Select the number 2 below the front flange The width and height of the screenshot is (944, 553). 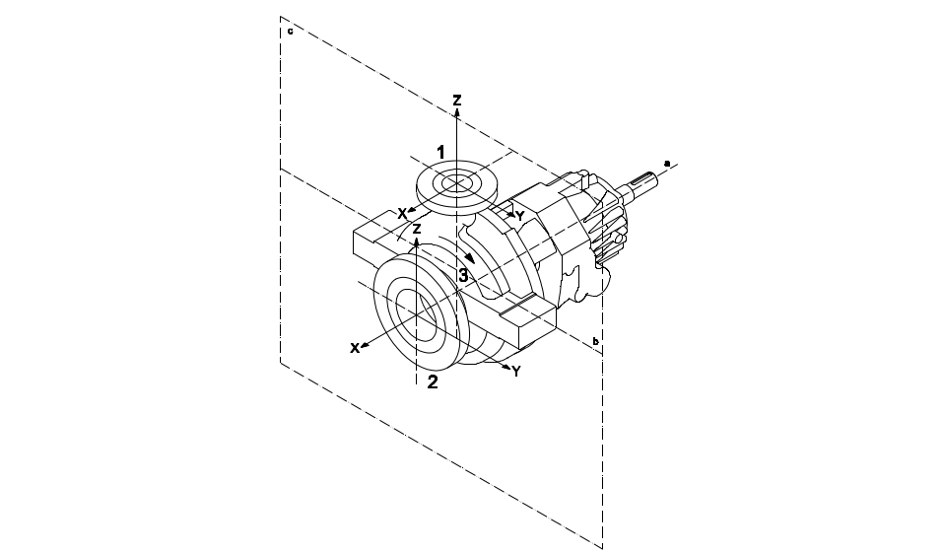point(432,383)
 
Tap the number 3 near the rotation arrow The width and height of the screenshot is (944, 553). point(463,275)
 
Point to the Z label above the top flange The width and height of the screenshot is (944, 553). point(457,101)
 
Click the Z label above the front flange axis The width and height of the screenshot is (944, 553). point(417,228)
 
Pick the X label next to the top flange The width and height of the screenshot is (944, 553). point(402,212)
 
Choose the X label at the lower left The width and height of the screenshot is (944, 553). point(353,348)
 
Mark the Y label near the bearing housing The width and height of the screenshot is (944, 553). point(520,216)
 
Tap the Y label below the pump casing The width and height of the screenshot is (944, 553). point(515,371)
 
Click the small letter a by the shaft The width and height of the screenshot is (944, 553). point(667,161)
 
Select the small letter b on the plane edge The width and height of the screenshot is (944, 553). point(596,342)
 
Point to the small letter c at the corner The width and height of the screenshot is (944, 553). point(289,31)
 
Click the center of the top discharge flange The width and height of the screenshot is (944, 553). point(456,183)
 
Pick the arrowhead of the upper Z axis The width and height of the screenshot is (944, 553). point(457,112)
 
